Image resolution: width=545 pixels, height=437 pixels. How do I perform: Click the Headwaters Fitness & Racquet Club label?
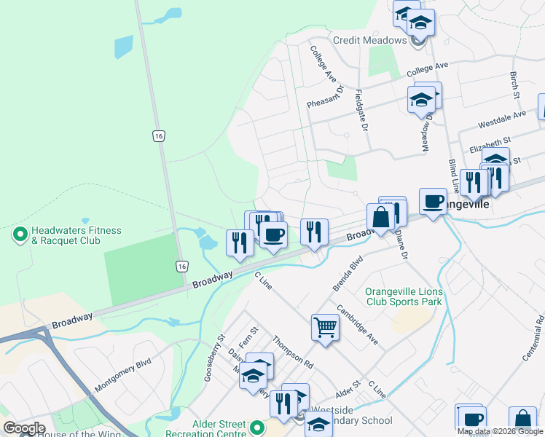click(70, 235)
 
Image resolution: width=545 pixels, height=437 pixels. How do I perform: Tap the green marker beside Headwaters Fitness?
click(20, 235)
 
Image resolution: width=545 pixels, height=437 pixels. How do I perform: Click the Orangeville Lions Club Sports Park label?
click(403, 296)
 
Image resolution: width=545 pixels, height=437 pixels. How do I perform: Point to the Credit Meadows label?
click(369, 40)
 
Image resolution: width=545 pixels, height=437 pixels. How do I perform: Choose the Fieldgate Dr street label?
click(359, 105)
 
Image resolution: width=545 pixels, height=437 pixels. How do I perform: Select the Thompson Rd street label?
click(292, 353)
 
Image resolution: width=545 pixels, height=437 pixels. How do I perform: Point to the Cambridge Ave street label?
click(358, 330)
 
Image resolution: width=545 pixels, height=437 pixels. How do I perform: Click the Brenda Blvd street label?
click(348, 273)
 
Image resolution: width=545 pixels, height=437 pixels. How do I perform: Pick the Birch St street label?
click(514, 85)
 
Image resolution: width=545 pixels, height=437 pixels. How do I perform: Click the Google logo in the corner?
click(24, 428)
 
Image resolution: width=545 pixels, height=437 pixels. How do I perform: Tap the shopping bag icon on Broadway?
click(380, 216)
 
